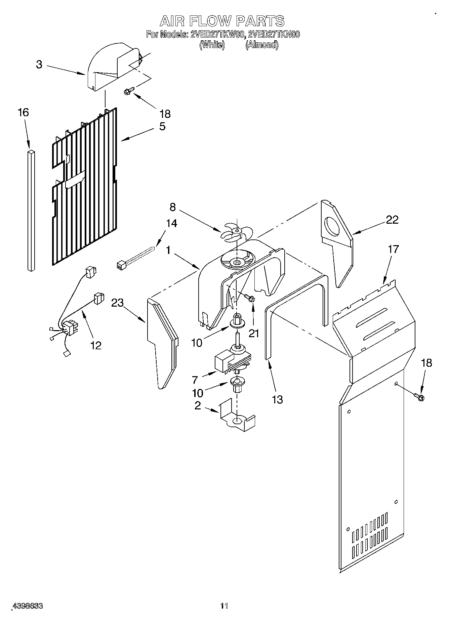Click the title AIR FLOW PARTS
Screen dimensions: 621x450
[x=222, y=21]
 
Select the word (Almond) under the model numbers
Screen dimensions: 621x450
[x=262, y=45]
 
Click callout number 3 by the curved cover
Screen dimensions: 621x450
[x=39, y=64]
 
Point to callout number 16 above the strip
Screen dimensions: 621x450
[x=23, y=113]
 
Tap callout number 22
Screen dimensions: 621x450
[x=392, y=220]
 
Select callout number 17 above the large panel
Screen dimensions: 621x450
[x=393, y=249]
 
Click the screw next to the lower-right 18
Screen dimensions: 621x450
[x=419, y=397]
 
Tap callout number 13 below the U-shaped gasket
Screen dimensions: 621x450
[x=277, y=400]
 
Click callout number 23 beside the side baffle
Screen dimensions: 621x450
[x=117, y=303]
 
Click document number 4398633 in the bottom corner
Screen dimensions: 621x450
[x=27, y=606]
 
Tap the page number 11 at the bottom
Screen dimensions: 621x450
[x=224, y=606]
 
